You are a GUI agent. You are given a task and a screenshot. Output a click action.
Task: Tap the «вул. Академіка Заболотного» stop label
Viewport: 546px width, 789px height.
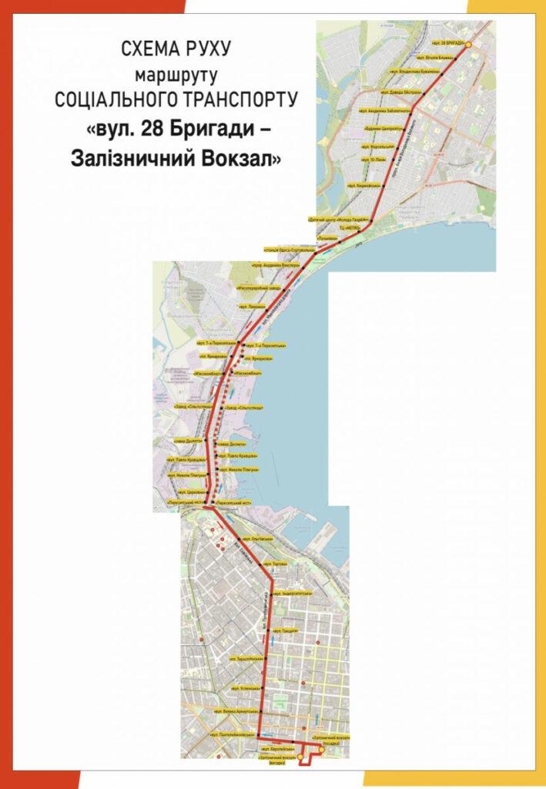click(384, 110)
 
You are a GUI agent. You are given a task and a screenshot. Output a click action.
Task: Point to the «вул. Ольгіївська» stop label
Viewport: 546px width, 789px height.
click(256, 539)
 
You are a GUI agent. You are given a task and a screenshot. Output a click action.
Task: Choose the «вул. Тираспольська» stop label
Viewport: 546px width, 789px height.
click(247, 659)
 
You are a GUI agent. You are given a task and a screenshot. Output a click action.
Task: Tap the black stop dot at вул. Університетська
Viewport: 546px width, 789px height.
click(270, 595)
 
